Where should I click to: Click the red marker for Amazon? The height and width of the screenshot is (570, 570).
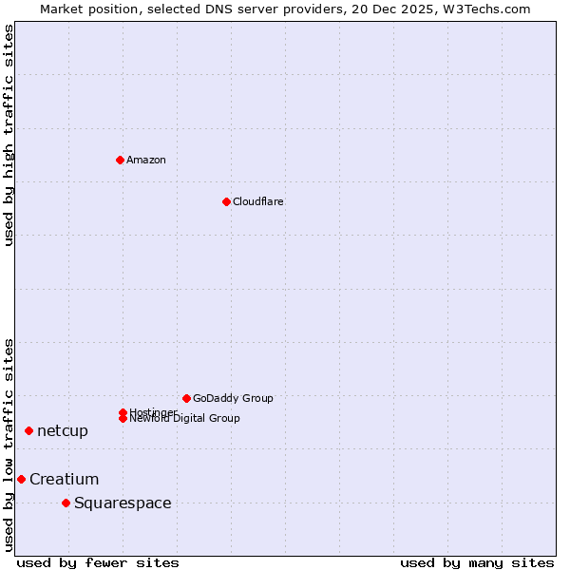120,160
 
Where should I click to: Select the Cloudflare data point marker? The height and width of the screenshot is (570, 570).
226,201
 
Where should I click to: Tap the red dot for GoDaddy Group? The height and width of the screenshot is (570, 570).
186,398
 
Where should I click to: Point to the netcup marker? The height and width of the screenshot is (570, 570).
28,431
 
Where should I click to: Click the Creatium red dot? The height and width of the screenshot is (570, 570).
21,479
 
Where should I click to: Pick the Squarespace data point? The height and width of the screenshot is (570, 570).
66,503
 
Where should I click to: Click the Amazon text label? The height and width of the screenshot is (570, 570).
145,160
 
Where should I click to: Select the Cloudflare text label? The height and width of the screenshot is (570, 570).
257,201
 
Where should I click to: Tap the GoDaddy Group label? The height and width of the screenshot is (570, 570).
233,398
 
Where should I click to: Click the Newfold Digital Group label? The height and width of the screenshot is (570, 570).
184,419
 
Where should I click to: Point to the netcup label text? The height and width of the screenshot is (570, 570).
63,431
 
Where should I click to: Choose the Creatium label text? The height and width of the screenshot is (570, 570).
64,479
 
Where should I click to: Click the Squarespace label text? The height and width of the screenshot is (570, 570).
123,503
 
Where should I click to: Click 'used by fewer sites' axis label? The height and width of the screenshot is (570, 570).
98,563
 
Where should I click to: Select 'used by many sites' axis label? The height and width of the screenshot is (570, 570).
477,563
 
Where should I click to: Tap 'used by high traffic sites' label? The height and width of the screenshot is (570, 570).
9,135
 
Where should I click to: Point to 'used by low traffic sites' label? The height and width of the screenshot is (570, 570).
9,444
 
